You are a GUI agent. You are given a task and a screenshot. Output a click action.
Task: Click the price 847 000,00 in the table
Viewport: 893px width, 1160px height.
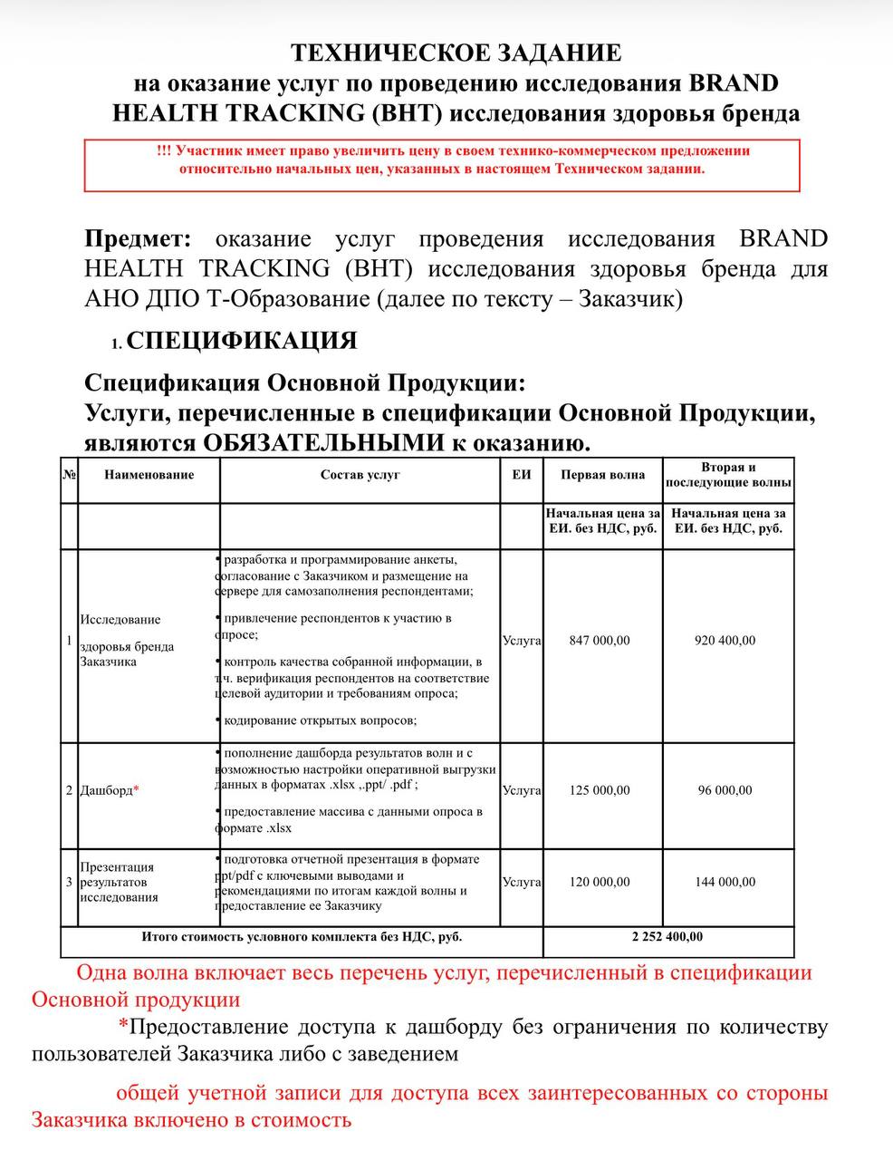pyautogui.click(x=599, y=641)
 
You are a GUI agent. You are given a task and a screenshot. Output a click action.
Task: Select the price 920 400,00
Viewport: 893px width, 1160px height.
pyautogui.click(x=725, y=641)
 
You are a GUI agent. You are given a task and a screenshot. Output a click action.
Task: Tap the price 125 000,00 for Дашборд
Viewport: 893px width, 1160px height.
pyautogui.click(x=599, y=790)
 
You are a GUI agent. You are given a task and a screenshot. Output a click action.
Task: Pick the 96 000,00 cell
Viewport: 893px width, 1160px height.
pyautogui.click(x=725, y=790)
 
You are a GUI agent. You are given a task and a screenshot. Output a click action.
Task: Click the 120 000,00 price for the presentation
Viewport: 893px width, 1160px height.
pyautogui.click(x=599, y=882)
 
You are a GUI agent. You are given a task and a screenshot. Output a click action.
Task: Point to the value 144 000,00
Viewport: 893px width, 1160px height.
pyautogui.click(x=725, y=882)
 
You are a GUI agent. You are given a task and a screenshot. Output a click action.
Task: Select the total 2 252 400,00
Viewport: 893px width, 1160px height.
pyautogui.click(x=667, y=937)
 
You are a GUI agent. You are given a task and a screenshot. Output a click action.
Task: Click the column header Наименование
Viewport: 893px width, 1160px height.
pyautogui.click(x=149, y=475)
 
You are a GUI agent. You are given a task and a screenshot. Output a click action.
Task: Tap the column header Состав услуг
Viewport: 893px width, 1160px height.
pyautogui.click(x=360, y=475)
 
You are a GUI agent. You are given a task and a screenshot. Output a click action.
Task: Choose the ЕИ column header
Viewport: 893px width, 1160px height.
pyautogui.click(x=521, y=475)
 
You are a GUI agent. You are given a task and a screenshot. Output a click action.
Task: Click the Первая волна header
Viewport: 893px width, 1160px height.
pyautogui.click(x=602, y=475)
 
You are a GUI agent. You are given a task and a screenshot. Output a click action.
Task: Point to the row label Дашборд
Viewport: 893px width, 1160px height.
pyautogui.click(x=105, y=790)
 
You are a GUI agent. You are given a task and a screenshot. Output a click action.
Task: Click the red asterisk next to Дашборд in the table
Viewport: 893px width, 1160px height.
pyautogui.click(x=136, y=789)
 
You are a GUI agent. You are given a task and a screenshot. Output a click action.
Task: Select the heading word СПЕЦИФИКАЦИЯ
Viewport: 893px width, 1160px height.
pyautogui.click(x=242, y=341)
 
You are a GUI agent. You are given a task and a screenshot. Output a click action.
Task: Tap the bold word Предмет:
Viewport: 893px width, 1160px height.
pyautogui.click(x=138, y=239)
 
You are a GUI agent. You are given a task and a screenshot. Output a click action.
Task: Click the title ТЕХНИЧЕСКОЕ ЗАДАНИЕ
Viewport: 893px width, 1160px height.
pyautogui.click(x=456, y=53)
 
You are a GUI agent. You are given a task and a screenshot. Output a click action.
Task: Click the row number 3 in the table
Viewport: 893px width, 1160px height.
pyautogui.click(x=69, y=882)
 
